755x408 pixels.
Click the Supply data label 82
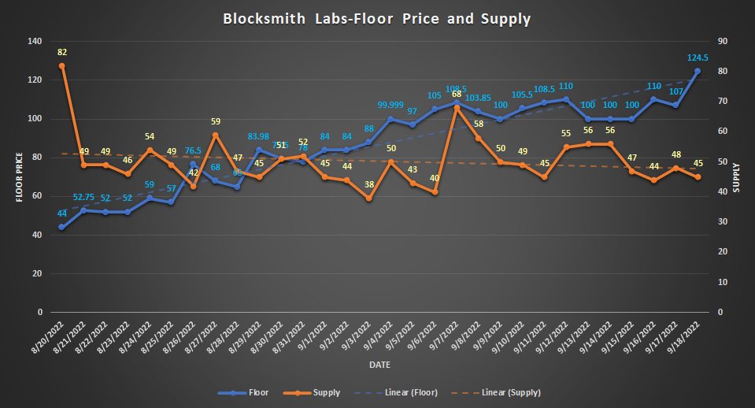point(61,53)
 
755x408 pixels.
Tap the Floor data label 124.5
point(697,57)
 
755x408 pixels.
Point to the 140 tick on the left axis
point(33,41)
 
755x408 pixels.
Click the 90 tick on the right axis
point(718,41)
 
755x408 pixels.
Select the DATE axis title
point(377,365)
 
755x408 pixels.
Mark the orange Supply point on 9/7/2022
point(457,107)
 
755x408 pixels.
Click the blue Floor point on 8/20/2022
point(61,227)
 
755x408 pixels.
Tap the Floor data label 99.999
point(391,105)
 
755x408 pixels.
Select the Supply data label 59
point(216,121)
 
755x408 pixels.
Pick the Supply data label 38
point(368,184)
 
